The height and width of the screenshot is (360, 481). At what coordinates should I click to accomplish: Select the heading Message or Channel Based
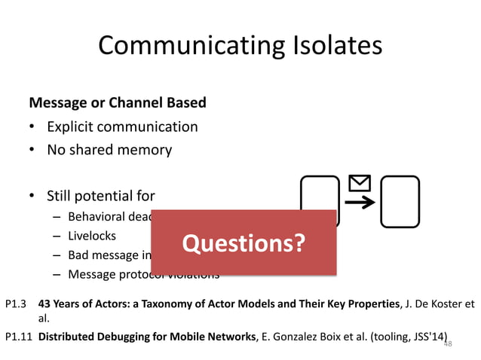click(x=117, y=102)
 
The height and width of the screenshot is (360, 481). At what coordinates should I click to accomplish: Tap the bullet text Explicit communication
click(x=122, y=126)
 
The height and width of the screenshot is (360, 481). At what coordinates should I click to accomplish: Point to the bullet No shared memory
click(x=109, y=149)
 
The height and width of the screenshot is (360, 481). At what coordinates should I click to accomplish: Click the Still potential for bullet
click(x=100, y=197)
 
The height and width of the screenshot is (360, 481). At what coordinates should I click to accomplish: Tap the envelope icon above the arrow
click(x=360, y=183)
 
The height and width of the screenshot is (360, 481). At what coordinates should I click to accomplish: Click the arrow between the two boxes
click(x=363, y=202)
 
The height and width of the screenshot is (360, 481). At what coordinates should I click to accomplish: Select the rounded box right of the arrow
click(x=400, y=201)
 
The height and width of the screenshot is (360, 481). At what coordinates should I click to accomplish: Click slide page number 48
click(x=447, y=343)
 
